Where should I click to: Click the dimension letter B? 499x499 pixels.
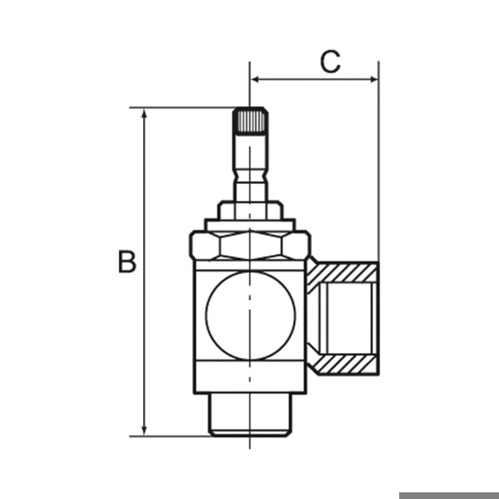(x=127, y=261)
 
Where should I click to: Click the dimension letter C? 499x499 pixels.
(x=330, y=62)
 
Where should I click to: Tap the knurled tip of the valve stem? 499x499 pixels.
(x=250, y=120)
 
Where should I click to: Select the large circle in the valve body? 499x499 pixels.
(x=251, y=316)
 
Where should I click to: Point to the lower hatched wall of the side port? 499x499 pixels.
(x=344, y=363)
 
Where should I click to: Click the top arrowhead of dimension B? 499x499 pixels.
(x=144, y=113)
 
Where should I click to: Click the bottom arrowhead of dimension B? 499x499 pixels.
(x=144, y=430)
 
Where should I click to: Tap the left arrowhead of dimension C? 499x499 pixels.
(x=254, y=79)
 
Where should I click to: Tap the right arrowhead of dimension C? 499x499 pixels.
(x=374, y=79)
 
